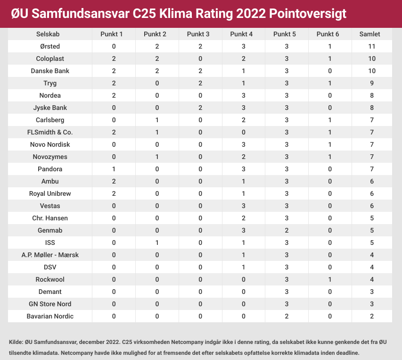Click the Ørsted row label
click(50, 46)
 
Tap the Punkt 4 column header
click(244, 34)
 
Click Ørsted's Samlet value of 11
click(372, 46)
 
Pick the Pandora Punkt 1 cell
click(114, 169)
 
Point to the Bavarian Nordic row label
click(50, 316)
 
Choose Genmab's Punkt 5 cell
click(287, 230)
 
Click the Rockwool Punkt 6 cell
click(330, 279)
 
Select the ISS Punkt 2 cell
click(157, 243)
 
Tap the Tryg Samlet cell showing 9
click(372, 83)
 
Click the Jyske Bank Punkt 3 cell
click(200, 108)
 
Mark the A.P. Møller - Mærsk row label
click(50, 255)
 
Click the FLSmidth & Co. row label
click(50, 132)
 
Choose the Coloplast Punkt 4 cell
click(244, 59)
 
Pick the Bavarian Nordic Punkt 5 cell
click(287, 316)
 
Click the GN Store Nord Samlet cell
click(372, 304)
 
